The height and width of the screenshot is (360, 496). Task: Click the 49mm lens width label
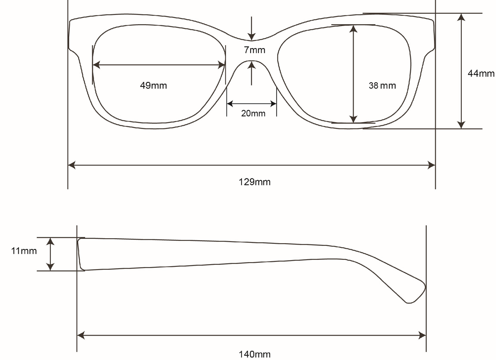[153, 86]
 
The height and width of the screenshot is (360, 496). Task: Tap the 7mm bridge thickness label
[254, 50]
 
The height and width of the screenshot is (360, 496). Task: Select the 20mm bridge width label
[253, 113]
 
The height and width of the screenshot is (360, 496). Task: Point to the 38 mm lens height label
[382, 86]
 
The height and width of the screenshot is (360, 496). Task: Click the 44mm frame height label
[481, 73]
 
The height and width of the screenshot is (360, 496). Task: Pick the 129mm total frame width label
[254, 182]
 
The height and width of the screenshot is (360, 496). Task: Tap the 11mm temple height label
[24, 251]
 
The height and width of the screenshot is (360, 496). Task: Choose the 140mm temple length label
[254, 354]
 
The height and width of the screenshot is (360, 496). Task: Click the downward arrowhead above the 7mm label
[252, 37]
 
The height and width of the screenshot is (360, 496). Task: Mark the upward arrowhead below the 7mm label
[252, 65]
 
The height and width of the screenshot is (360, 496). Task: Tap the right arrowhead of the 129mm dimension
[431, 165]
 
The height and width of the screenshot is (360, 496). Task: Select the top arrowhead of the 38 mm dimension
[353, 29]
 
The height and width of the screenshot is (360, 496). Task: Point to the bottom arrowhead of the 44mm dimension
[461, 125]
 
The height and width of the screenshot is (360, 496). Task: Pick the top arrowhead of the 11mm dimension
[50, 241]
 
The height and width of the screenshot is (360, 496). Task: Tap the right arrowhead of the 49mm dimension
[222, 65]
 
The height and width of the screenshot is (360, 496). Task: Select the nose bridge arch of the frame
[252, 61]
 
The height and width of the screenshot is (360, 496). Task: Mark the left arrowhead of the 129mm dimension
[72, 165]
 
